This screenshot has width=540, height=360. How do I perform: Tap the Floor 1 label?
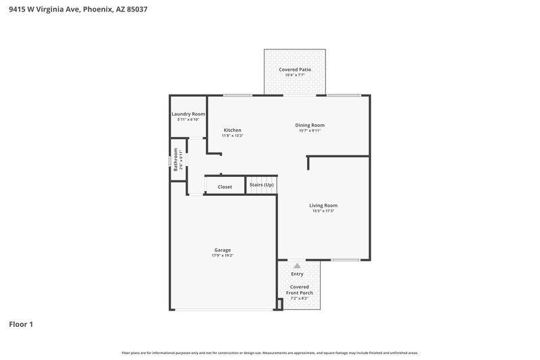click(x=21, y=324)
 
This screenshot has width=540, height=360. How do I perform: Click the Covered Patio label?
click(x=294, y=70)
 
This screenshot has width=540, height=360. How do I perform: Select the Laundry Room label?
click(x=188, y=114)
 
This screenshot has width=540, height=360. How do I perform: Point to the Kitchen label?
click(x=232, y=130)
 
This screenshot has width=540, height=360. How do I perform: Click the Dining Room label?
click(x=310, y=125)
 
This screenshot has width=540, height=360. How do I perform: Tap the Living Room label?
click(x=323, y=205)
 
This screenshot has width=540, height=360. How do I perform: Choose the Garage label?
click(x=223, y=250)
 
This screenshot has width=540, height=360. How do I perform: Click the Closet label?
click(x=225, y=186)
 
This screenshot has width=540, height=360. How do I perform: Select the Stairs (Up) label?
click(x=261, y=184)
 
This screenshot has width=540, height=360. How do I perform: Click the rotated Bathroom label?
click(x=175, y=159)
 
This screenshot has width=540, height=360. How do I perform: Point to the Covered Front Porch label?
click(x=299, y=290)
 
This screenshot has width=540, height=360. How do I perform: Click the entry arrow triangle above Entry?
click(x=297, y=266)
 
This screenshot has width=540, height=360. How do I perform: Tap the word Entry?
click(x=297, y=274)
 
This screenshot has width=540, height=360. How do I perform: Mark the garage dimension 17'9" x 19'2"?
click(x=223, y=255)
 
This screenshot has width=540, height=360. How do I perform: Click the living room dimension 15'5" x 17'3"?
click(x=323, y=211)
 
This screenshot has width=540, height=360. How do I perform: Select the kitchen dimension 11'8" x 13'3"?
click(x=232, y=136)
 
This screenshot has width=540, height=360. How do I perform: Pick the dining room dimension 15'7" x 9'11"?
click(x=310, y=130)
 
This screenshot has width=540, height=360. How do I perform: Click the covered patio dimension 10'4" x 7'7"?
click(x=294, y=75)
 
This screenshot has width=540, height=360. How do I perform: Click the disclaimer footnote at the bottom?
click(x=269, y=353)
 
